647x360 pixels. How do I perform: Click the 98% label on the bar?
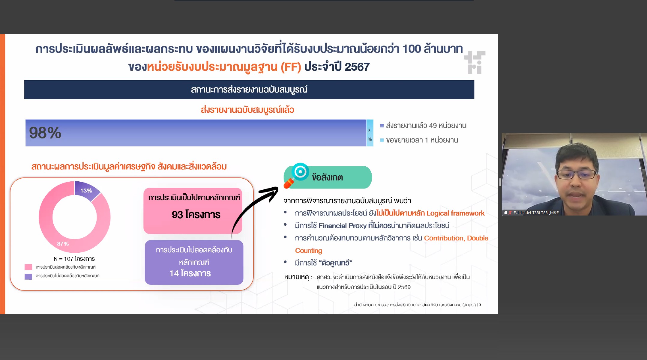click(x=45, y=133)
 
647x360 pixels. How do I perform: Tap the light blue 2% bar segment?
click(x=370, y=133)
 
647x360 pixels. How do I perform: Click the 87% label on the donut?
click(x=63, y=244)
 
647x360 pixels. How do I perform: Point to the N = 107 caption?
click(x=74, y=259)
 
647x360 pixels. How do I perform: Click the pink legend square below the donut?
click(x=28, y=267)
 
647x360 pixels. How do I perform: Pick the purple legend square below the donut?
click(x=28, y=276)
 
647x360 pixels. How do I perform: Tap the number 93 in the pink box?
click(x=177, y=215)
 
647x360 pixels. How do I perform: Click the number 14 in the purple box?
click(x=174, y=273)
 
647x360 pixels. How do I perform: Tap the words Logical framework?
click(x=455, y=213)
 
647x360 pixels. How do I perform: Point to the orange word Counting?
click(x=308, y=251)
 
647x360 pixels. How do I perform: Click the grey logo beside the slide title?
click(x=475, y=62)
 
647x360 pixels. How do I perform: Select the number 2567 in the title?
click(x=357, y=67)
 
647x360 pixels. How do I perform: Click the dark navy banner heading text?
click(x=249, y=90)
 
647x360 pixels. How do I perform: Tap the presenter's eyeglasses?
click(x=576, y=174)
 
